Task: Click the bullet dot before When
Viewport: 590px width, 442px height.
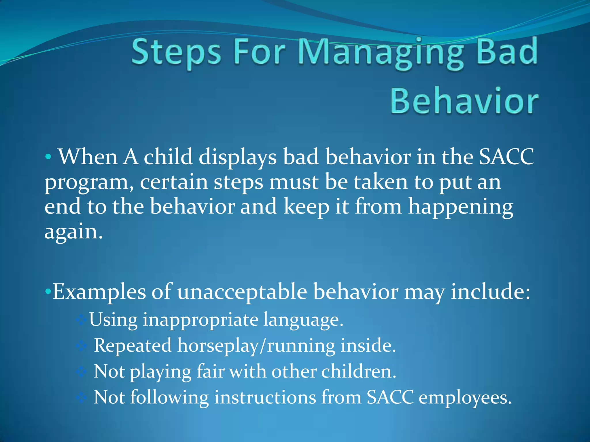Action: coord(48,157)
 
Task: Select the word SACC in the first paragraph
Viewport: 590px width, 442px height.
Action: coord(506,157)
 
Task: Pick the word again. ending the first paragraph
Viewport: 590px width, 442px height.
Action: coord(73,232)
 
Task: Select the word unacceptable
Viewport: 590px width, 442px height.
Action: coord(242,292)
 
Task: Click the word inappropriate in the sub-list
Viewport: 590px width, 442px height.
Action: coord(201,320)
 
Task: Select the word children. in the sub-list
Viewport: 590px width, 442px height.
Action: coord(359,371)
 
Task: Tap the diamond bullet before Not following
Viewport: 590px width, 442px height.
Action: coord(82,398)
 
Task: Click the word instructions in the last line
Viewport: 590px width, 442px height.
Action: coord(265,398)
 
